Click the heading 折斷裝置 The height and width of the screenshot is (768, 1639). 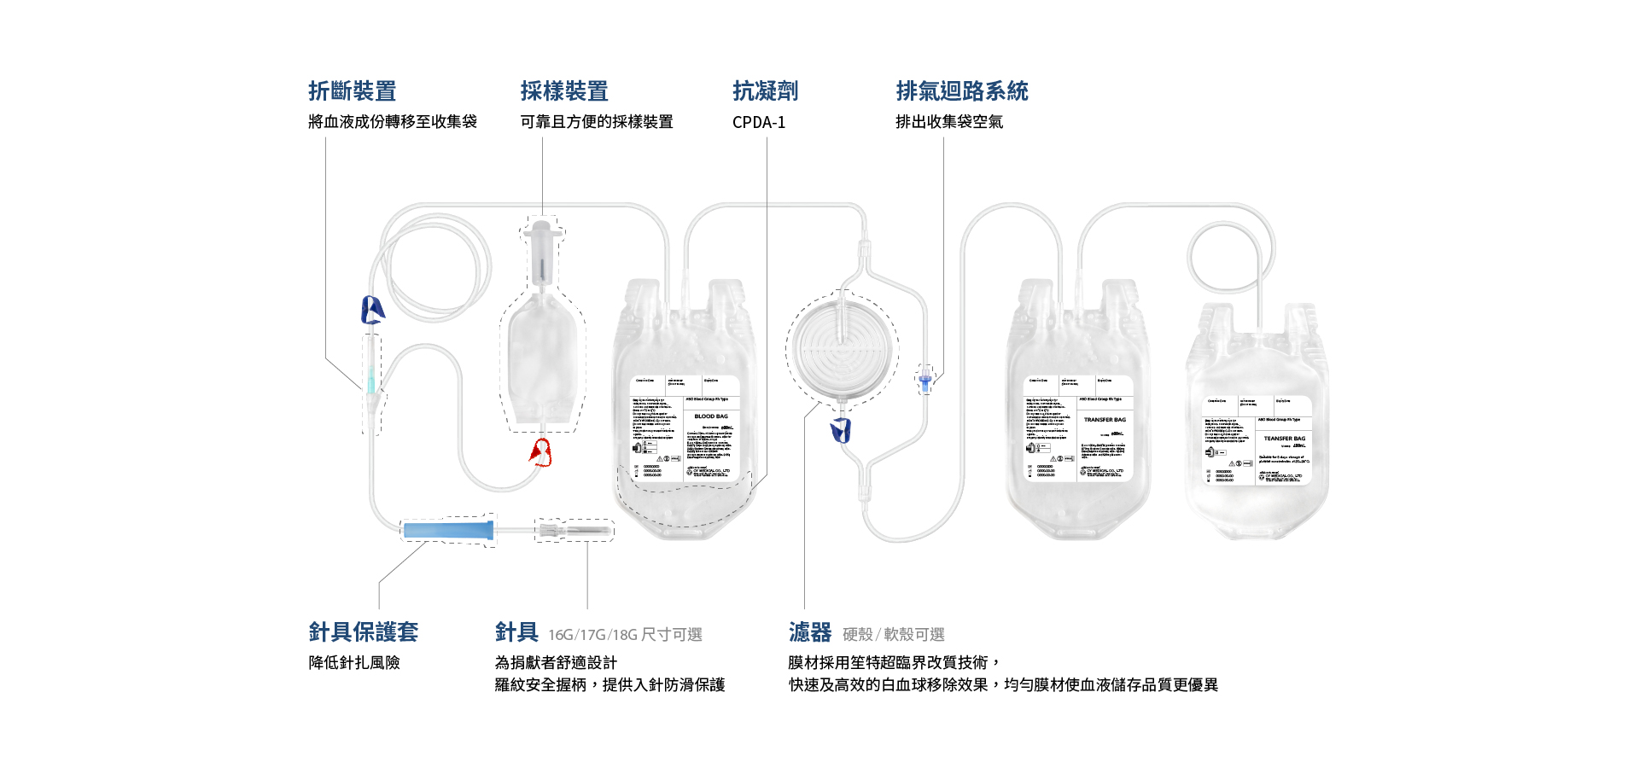pos(352,91)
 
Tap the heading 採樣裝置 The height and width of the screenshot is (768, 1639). pos(564,91)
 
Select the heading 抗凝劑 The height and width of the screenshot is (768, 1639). pos(765,91)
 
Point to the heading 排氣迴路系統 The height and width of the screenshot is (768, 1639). pos(962,91)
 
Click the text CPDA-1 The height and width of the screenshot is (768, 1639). pos(758,122)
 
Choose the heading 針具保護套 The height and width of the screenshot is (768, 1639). pos(363,632)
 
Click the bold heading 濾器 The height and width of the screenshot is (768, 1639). pos(809,632)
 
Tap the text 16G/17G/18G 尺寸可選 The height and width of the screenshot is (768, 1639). pos(625,635)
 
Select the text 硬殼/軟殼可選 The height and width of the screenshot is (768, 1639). pos(894,635)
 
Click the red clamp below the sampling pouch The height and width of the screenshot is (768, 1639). pos(540,452)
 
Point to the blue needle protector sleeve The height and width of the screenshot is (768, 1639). pos(448,530)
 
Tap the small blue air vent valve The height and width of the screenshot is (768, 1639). pos(924,379)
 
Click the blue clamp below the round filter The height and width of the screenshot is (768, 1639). pos(841,430)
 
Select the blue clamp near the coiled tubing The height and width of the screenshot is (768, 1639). pos(372,310)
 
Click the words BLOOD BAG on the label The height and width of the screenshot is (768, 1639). pos(711,416)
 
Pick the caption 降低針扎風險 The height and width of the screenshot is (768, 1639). pos(354,663)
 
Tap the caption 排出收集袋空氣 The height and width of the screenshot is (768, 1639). pos(949,122)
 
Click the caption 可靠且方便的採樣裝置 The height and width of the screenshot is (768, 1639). pos(597,122)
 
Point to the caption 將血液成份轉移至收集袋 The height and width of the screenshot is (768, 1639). pos(393,122)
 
